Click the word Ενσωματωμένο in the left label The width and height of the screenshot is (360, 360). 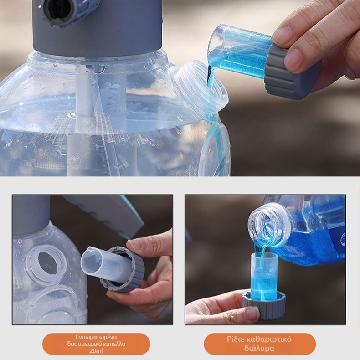pos(96,337)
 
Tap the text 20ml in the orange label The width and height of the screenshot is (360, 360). pos(96,350)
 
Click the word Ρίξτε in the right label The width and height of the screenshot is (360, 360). pos(235,339)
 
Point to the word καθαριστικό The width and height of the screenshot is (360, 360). pos(268,339)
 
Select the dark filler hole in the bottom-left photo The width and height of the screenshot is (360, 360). pos(47,263)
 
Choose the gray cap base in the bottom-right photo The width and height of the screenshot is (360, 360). pos(263,304)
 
